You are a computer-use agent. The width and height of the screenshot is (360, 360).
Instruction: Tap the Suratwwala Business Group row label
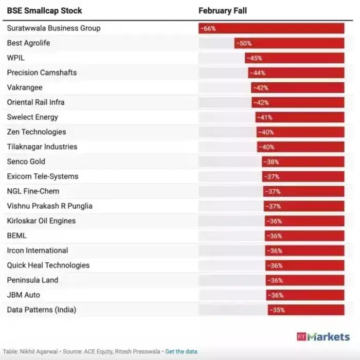click(53, 28)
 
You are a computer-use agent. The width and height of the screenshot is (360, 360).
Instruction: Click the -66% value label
click(209, 29)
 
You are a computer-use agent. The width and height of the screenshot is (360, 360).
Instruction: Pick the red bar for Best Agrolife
click(289, 43)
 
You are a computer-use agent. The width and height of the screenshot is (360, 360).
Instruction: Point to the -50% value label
click(244, 44)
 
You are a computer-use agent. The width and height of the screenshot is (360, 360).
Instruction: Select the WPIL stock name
click(15, 58)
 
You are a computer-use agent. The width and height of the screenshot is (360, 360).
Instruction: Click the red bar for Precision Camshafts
click(296, 73)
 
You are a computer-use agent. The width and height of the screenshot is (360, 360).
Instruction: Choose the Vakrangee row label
click(25, 87)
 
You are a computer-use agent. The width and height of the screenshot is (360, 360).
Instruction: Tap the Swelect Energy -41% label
click(265, 118)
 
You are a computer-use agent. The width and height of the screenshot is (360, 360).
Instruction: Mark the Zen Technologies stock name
click(37, 132)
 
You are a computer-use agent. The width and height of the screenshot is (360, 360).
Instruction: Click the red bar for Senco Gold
click(303, 162)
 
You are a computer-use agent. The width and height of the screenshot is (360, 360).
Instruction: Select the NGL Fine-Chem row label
click(33, 191)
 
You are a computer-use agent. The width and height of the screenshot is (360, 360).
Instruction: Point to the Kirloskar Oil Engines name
click(41, 221)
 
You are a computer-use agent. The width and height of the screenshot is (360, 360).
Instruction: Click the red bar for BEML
click(304, 236)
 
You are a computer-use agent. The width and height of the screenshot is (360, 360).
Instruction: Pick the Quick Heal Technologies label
click(48, 265)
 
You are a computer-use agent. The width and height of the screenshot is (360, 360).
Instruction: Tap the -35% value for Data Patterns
click(277, 310)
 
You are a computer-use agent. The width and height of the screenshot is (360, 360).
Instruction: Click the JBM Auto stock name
click(23, 295)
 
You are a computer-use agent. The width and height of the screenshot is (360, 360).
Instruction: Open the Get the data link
click(181, 352)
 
